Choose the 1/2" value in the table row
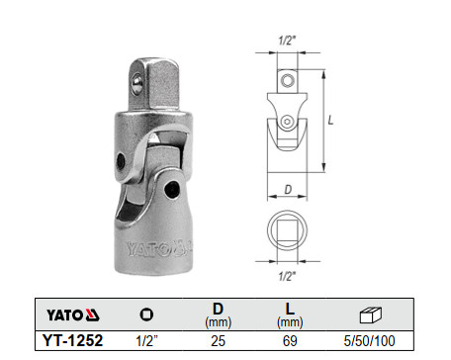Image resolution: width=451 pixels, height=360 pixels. pos(145,341)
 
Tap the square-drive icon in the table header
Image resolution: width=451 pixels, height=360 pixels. pos(145,315)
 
